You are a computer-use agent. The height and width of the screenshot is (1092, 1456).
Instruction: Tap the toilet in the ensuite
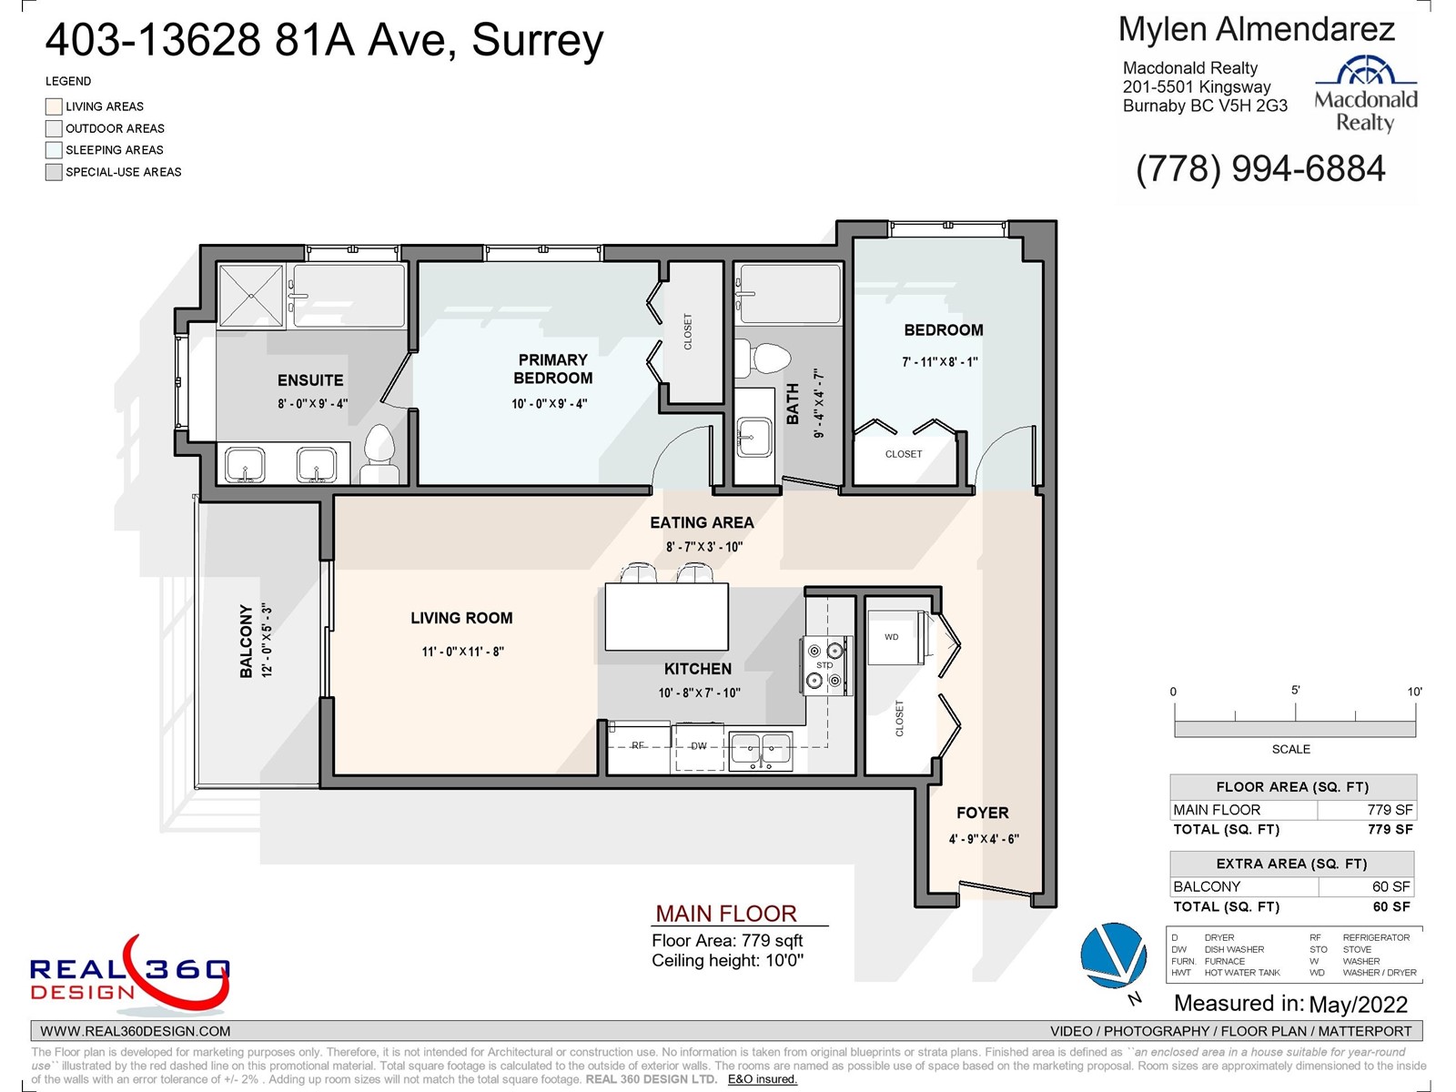[x=379, y=455]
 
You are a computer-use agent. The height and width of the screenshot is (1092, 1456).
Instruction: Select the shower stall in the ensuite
[x=251, y=296]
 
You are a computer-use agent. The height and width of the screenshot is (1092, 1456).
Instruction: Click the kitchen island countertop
[x=667, y=617]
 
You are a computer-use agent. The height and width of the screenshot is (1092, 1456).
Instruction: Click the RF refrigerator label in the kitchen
[x=638, y=745]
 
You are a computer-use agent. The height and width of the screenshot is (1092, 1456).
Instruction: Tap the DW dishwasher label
[x=699, y=746]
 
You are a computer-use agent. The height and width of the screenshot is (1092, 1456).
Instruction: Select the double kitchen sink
[x=760, y=752]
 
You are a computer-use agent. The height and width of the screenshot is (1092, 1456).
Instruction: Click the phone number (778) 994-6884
[x=1260, y=168]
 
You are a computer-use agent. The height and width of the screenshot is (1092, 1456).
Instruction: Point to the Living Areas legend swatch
[x=54, y=106]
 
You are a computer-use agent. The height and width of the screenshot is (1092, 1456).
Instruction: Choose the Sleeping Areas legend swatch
[x=54, y=150]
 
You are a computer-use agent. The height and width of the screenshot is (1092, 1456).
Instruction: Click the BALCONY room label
[x=246, y=642]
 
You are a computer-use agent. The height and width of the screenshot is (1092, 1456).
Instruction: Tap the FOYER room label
[x=983, y=813]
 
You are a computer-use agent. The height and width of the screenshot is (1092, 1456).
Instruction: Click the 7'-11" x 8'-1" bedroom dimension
[x=940, y=362]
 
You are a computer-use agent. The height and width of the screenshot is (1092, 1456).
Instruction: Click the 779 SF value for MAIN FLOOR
[x=1390, y=810]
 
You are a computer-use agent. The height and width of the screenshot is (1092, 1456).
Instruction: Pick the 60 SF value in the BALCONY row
[x=1391, y=886]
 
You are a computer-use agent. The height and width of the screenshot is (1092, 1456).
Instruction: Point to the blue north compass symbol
[x=1113, y=955]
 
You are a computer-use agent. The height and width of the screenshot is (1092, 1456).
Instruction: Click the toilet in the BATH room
[x=763, y=359]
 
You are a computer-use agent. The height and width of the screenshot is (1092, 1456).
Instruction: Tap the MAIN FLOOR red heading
[x=725, y=914]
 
